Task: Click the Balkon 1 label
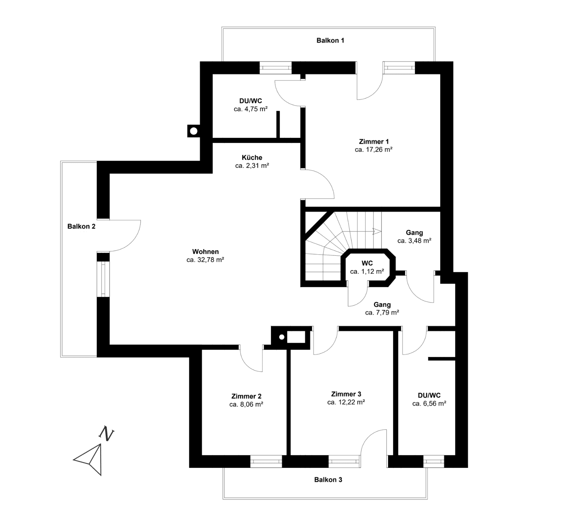point(330,41)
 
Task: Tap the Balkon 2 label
point(81,226)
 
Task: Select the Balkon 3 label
point(328,480)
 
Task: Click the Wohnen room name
point(205,252)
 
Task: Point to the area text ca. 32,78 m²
point(205,260)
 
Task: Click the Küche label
point(252,158)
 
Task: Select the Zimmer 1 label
point(374,142)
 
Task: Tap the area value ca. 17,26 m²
point(374,150)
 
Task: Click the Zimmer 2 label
point(246,396)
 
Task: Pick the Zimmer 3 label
point(346,394)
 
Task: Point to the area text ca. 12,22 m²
point(346,402)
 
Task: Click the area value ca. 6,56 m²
point(429,404)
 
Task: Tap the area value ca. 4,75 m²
point(250,109)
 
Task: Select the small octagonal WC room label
point(367,263)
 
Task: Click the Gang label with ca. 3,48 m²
point(414,233)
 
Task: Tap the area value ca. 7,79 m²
point(382,313)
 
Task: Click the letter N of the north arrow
point(107,433)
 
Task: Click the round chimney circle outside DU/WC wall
point(194,131)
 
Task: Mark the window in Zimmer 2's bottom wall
point(266,461)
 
